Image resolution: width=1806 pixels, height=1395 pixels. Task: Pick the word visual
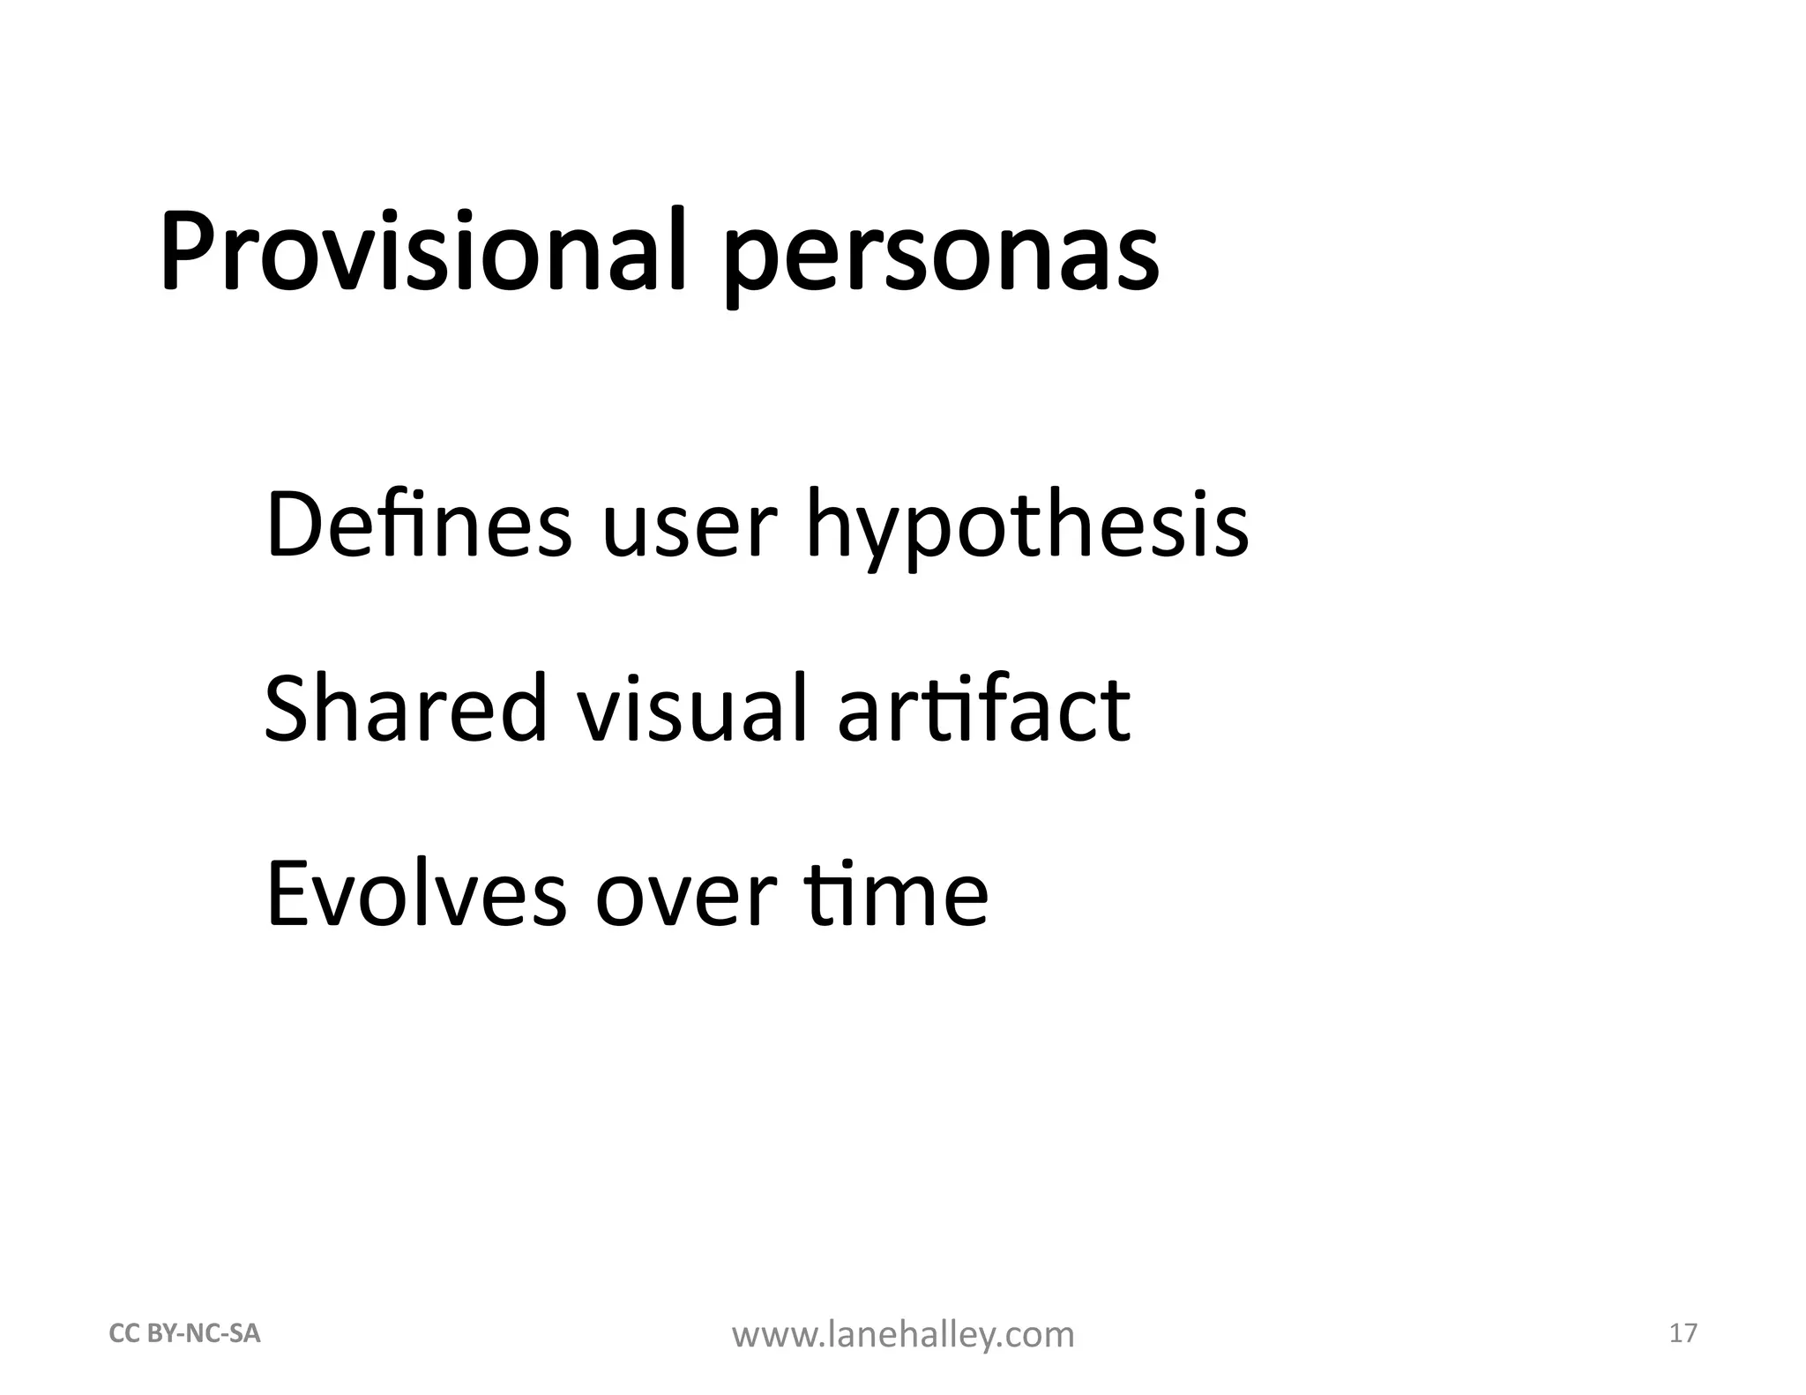(691, 708)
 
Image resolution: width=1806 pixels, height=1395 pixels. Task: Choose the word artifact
(983, 708)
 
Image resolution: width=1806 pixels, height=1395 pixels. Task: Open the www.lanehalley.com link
(903, 1335)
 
